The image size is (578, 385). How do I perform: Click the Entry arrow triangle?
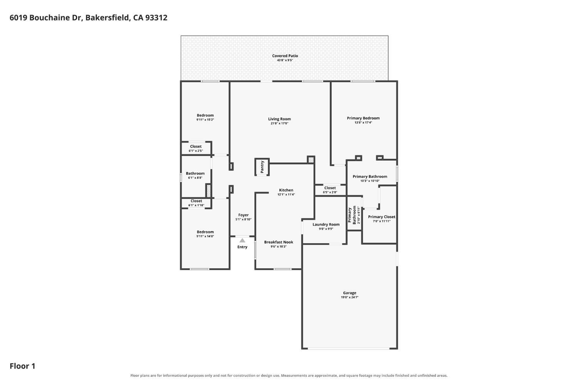pos(242,240)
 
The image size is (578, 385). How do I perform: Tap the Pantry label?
pos(262,167)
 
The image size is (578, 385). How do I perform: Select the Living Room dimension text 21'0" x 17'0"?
pos(279,123)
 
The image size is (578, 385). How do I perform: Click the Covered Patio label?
pos(285,56)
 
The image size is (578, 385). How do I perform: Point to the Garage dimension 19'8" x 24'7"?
pos(349,297)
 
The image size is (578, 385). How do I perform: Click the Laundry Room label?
pos(326,225)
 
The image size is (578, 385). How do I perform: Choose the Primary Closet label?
pos(381,217)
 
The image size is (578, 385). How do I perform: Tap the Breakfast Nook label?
pos(279,242)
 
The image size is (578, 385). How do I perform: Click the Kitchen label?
pos(286,190)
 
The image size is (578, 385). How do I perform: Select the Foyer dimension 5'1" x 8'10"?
pos(243,219)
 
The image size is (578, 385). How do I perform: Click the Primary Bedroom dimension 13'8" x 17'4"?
pos(363,123)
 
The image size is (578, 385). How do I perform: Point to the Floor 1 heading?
pos(22,366)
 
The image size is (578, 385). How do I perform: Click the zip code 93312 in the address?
pos(156,18)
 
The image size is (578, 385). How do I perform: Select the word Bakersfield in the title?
pos(107,18)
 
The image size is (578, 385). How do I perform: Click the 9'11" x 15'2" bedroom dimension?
pos(205,120)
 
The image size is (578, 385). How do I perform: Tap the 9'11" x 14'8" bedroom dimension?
pos(205,236)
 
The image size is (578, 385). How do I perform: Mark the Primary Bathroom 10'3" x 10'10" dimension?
pos(370,181)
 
